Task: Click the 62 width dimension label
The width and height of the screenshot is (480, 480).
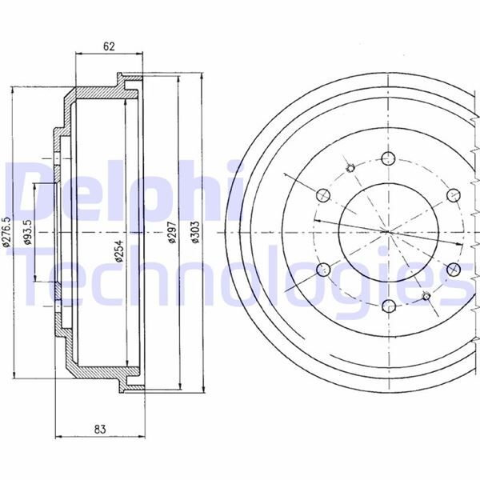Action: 109,46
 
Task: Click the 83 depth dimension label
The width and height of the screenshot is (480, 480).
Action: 100,430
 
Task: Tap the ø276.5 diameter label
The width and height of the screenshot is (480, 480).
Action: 6,232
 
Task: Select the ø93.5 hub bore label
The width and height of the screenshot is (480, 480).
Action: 29,232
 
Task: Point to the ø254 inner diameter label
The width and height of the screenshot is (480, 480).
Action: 119,250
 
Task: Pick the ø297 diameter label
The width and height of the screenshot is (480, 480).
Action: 173,232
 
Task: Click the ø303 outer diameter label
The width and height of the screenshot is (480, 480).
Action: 195,232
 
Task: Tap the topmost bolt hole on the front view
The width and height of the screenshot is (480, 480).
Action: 389,158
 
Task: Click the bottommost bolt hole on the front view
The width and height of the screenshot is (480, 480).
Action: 389,306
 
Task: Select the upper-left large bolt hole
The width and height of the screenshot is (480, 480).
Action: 323,195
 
